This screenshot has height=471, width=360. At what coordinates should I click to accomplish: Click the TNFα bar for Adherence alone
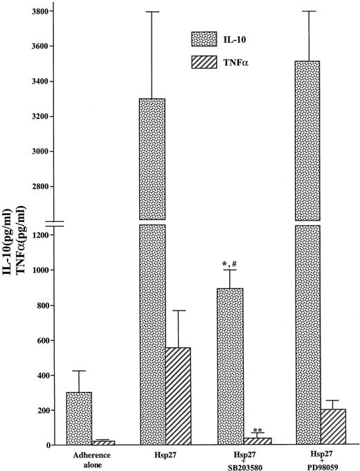click(102, 443)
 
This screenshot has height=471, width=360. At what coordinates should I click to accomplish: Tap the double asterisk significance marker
click(276, 429)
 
